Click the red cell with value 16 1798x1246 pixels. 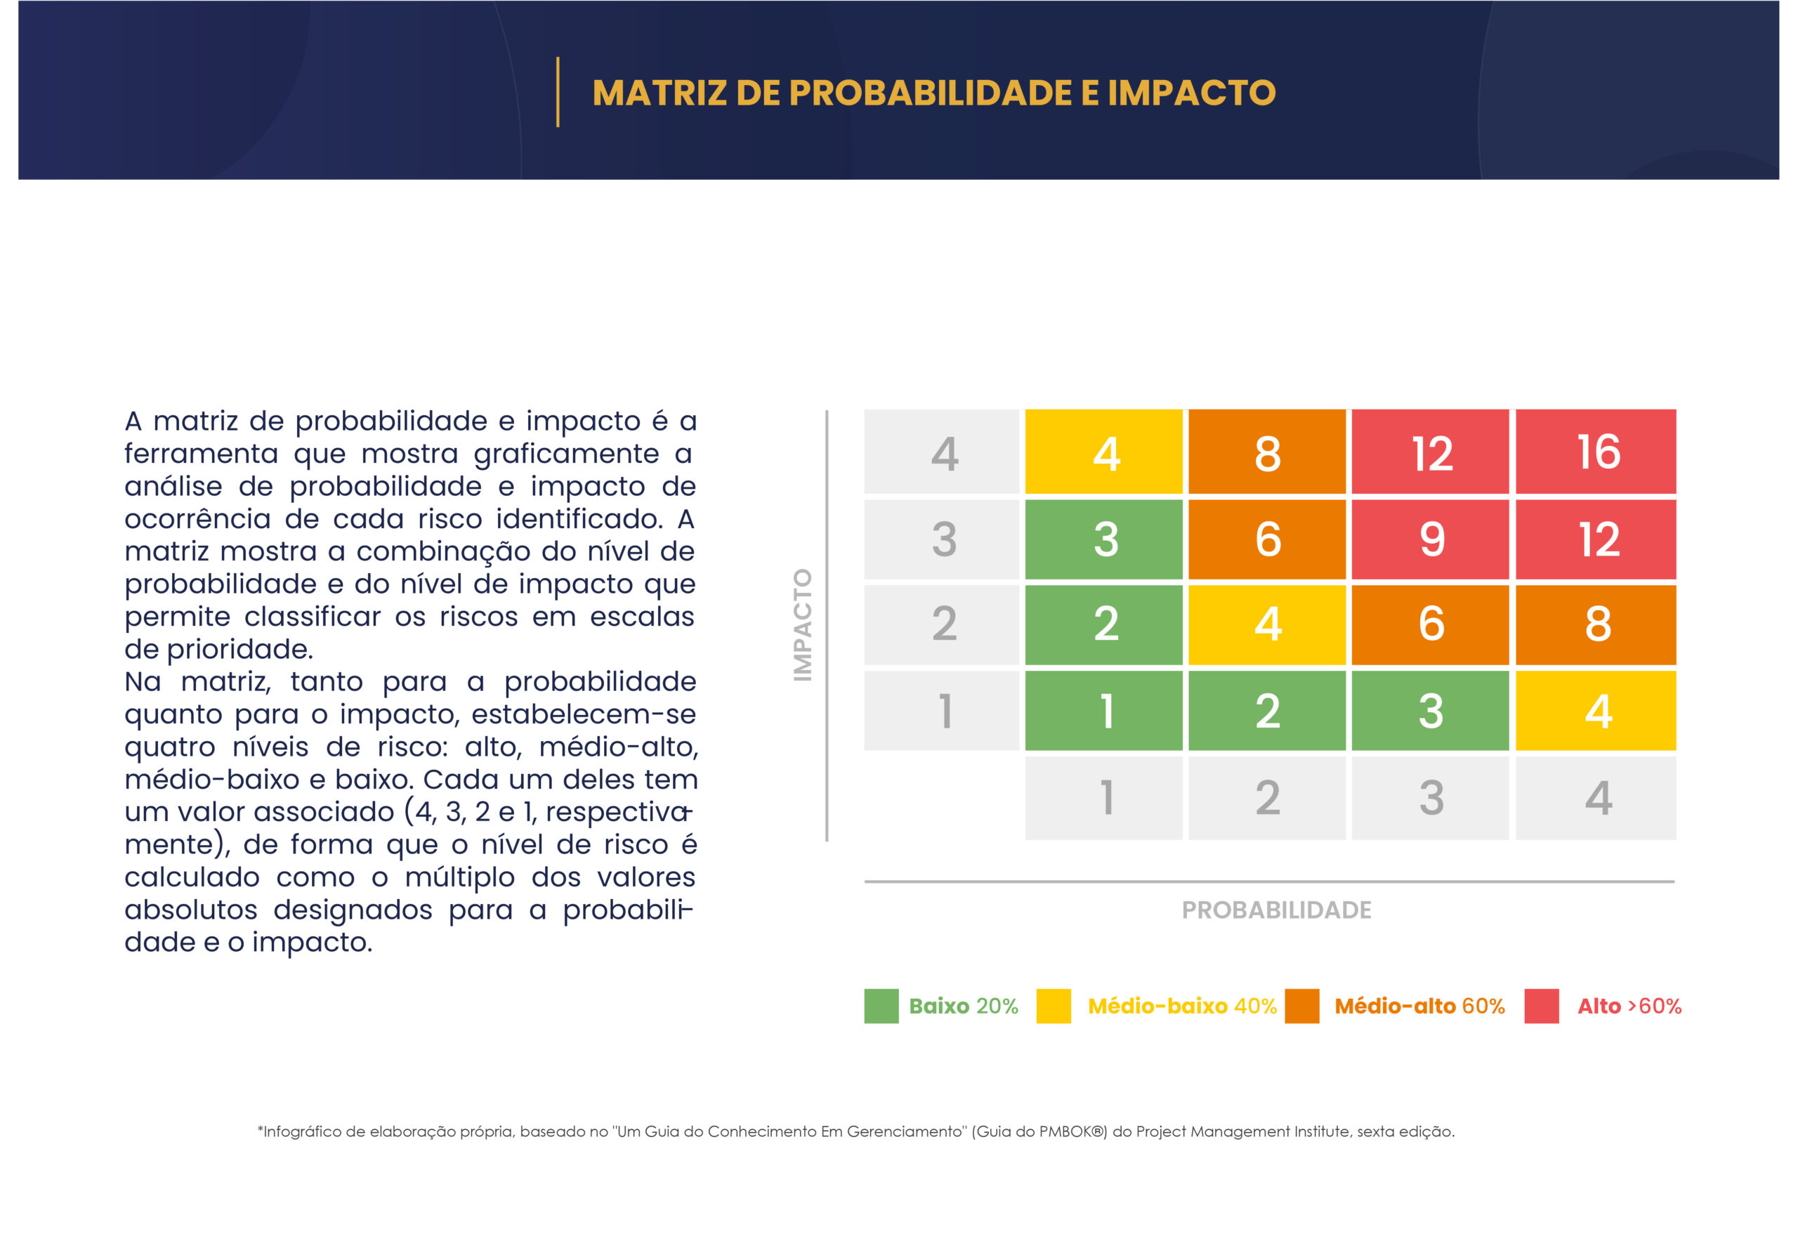(x=1595, y=451)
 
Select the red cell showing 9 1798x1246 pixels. (x=1430, y=539)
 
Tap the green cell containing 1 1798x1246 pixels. (x=1103, y=710)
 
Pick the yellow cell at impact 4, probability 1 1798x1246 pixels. (x=1103, y=451)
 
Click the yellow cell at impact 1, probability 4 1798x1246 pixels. (x=1595, y=710)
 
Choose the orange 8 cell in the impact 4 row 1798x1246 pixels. (x=1267, y=451)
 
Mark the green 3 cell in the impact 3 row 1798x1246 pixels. (x=1103, y=539)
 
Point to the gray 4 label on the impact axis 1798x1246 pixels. (x=942, y=451)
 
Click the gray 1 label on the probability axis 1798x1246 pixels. (x=1103, y=798)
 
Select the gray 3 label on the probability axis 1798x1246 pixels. (x=1430, y=798)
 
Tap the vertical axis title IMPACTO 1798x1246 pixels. (x=803, y=624)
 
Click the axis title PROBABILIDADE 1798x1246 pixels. (x=1275, y=910)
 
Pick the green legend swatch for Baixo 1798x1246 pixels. (x=881, y=1006)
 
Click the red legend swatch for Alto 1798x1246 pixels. (x=1541, y=1006)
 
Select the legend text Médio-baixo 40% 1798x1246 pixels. (x=1182, y=1006)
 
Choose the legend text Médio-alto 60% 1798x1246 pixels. (x=1419, y=1006)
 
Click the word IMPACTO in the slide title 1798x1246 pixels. (x=1191, y=92)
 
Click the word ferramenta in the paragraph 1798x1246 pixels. (x=202, y=454)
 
